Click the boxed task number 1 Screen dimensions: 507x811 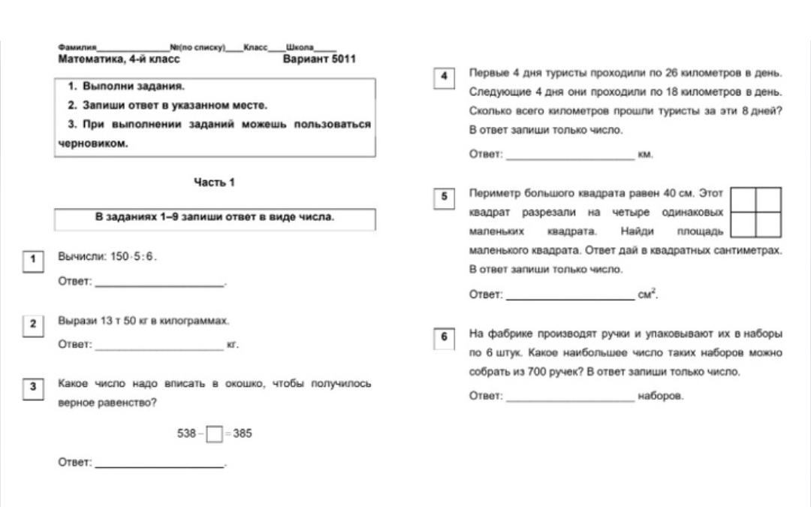click(32, 260)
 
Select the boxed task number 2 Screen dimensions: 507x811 click(32, 324)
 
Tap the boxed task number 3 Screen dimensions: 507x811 click(32, 388)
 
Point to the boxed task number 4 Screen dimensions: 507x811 click(444, 77)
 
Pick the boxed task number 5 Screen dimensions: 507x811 click(444, 196)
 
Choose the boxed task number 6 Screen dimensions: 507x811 click(444, 337)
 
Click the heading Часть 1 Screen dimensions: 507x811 click(214, 183)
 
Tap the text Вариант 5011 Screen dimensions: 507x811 click(318, 59)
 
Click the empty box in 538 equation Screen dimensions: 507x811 click(214, 434)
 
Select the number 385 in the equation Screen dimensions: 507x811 click(243, 433)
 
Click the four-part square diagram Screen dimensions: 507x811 click(755, 212)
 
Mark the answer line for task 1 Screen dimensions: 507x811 click(160, 285)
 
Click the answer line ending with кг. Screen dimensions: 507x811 click(160, 349)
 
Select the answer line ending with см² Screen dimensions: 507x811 click(570, 298)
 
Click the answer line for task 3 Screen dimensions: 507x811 click(160, 467)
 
